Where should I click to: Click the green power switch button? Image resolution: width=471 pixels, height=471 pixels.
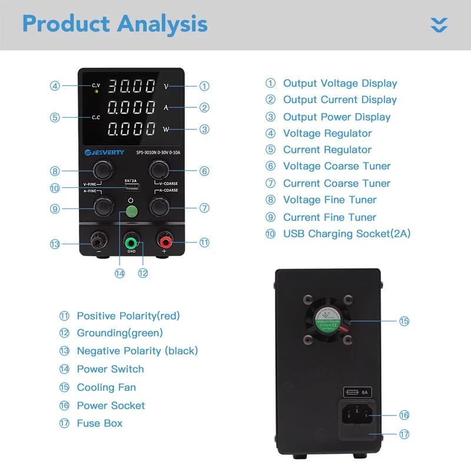132,213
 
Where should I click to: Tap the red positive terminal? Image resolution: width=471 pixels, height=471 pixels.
163,241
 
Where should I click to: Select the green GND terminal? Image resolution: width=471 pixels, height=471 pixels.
131,242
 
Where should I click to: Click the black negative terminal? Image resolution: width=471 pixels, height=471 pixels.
98,241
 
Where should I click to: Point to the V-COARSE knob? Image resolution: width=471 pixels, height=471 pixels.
158,170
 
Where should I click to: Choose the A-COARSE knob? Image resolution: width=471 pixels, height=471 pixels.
158,207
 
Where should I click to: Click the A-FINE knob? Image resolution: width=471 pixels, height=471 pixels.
104,207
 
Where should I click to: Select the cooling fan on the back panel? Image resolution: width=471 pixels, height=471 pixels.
327,320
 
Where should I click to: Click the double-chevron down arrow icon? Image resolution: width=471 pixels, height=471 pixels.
439,25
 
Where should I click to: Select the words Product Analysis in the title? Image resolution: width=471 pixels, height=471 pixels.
115,24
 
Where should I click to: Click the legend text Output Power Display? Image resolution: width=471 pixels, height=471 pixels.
337,117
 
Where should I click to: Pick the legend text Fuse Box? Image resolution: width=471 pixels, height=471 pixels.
99,423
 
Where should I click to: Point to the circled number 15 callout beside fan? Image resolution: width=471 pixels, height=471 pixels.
404,321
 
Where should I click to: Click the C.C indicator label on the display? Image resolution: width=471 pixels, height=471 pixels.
96,117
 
